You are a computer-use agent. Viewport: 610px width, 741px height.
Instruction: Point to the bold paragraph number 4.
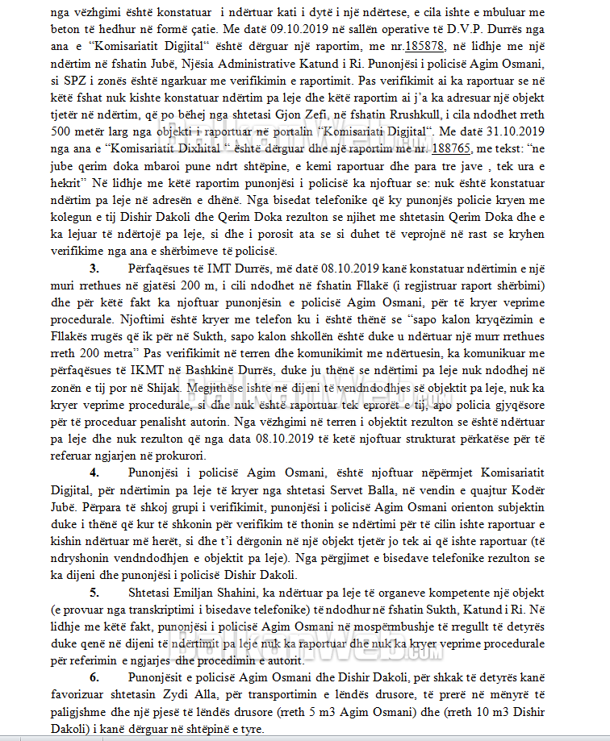pyautogui.click(x=94, y=472)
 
